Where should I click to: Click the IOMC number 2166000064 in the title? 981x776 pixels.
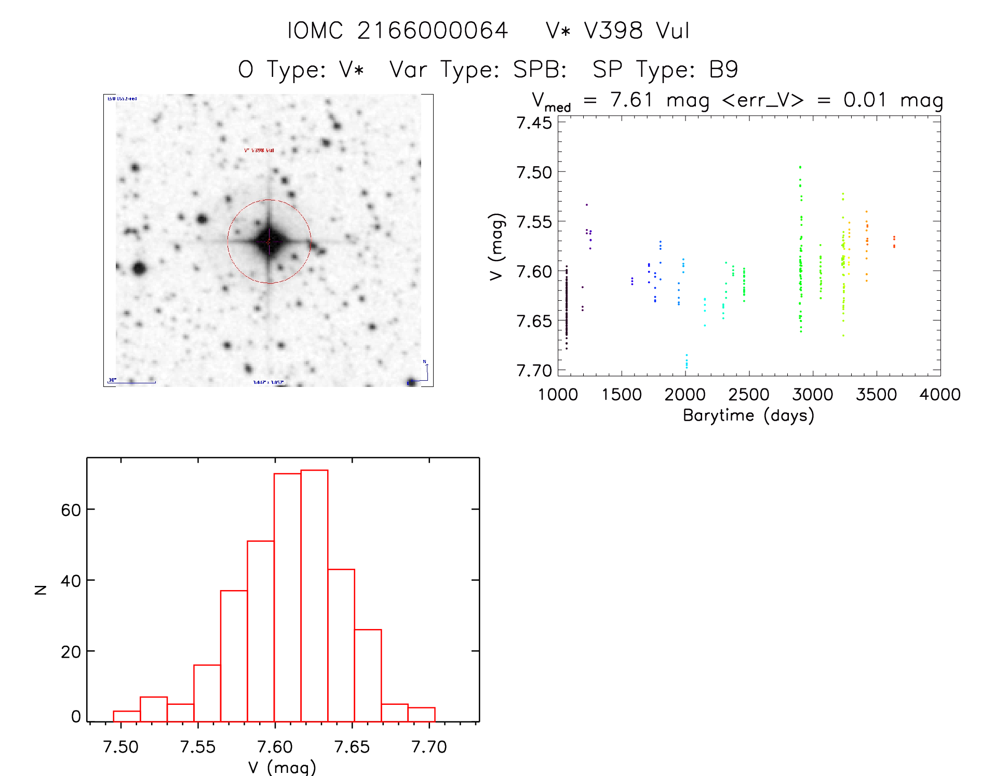(432, 31)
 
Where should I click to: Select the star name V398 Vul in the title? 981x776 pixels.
(637, 31)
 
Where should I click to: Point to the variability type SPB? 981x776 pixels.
(540, 70)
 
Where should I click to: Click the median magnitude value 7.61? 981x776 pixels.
(631, 100)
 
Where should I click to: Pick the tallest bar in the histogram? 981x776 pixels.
(314, 595)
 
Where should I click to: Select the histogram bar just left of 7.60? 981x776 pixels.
(261, 631)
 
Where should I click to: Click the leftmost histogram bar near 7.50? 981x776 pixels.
(127, 716)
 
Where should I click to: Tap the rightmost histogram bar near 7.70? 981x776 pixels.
(421, 714)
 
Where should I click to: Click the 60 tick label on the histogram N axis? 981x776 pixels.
(71, 510)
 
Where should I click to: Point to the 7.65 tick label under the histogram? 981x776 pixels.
(352, 747)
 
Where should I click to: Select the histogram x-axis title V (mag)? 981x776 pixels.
(282, 767)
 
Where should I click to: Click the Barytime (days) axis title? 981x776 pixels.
(748, 416)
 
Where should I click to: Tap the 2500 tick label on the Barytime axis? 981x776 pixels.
(748, 395)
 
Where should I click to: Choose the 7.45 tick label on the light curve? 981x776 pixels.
(534, 123)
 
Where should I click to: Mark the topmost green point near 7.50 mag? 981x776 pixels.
(800, 167)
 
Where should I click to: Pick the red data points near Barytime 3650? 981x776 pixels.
(894, 242)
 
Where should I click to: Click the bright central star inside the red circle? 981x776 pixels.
(269, 241)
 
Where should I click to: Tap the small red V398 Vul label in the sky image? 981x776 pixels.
(259, 151)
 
